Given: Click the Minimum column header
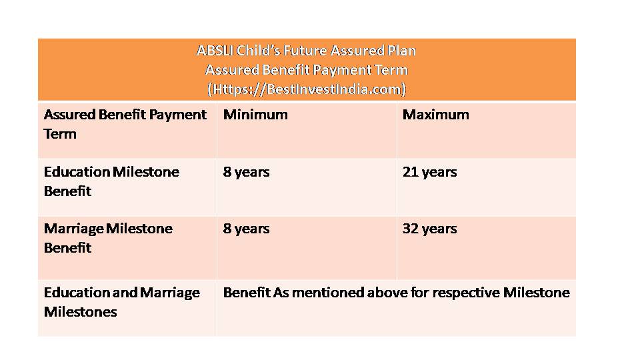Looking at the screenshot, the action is coord(255,115).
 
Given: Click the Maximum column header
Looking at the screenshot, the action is coord(435,115).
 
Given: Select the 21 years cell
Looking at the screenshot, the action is coord(429,172).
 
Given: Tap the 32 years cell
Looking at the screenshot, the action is coord(429,229).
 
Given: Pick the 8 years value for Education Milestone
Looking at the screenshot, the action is coord(246,172).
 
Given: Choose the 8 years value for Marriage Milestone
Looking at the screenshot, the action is coord(246,229).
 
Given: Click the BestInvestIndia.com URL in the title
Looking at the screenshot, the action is coord(307,89).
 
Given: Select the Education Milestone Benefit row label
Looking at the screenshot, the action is coord(111,181).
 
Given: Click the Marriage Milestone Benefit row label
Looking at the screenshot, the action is coord(108,239).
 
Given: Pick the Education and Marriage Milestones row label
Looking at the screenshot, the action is coord(122,303).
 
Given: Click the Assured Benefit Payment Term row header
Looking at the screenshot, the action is coord(125,125).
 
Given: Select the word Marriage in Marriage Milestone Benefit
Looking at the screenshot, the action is coord(74,229).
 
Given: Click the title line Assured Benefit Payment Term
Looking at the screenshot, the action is coord(307,70).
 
